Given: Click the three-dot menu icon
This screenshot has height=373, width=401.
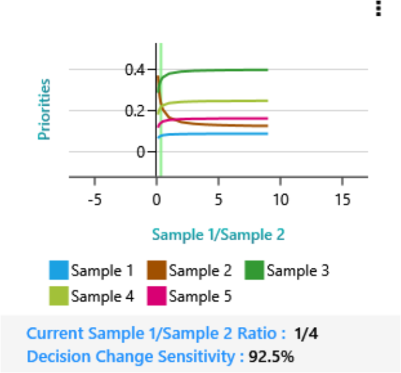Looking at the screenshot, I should [x=378, y=8].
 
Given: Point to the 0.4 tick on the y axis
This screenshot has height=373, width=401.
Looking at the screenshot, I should [x=134, y=70].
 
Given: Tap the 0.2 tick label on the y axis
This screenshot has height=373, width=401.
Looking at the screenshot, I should [x=134, y=110].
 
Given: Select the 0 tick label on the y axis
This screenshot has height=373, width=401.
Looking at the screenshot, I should [x=140, y=151].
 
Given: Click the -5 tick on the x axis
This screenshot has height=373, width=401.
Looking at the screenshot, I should [x=94, y=199].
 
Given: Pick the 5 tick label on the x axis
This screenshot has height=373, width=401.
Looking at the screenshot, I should [x=218, y=199].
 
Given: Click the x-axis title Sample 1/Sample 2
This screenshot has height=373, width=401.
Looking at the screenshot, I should [x=218, y=235].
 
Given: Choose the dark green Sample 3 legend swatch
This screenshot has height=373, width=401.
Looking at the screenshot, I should [x=255, y=271].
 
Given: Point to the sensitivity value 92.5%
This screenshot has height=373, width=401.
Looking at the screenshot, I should [x=271, y=356].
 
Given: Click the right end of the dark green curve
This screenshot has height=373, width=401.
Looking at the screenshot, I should [x=268, y=70].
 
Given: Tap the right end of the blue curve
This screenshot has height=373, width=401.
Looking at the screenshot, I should [x=268, y=134].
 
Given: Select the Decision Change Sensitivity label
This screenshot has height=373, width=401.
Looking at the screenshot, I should [x=135, y=356].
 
